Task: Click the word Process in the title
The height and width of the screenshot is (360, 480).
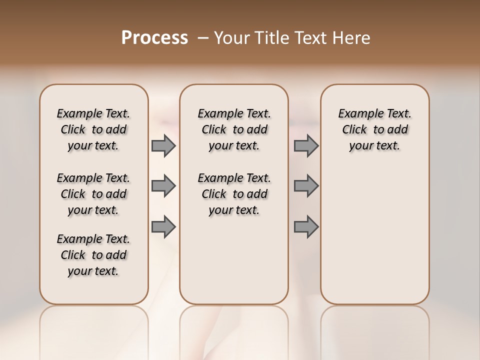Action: (x=154, y=38)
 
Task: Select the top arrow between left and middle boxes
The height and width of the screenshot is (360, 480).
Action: (x=163, y=146)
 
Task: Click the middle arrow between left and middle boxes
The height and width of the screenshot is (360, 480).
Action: (x=163, y=186)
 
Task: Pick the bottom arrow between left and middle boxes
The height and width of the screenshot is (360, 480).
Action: (x=163, y=226)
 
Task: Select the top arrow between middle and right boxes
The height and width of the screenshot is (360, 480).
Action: (x=306, y=146)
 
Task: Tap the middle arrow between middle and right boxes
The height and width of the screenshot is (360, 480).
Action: (x=306, y=186)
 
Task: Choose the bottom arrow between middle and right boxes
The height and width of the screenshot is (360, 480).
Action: (x=306, y=226)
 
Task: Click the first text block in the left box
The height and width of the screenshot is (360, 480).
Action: (x=93, y=129)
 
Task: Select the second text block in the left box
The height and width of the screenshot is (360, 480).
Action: (x=93, y=194)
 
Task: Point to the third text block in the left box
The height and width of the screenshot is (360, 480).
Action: (x=93, y=255)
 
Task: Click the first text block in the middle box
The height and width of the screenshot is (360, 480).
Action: (x=234, y=129)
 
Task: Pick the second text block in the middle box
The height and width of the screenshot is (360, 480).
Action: (x=234, y=194)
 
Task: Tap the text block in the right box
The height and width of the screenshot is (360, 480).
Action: (x=375, y=129)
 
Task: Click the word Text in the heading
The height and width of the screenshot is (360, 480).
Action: (x=310, y=38)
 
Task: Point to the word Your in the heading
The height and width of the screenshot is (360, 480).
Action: (x=232, y=38)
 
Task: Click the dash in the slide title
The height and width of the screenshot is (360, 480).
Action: (x=203, y=38)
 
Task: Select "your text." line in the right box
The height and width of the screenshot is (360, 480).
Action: (x=374, y=145)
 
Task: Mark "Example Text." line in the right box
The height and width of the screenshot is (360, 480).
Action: (x=375, y=113)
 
